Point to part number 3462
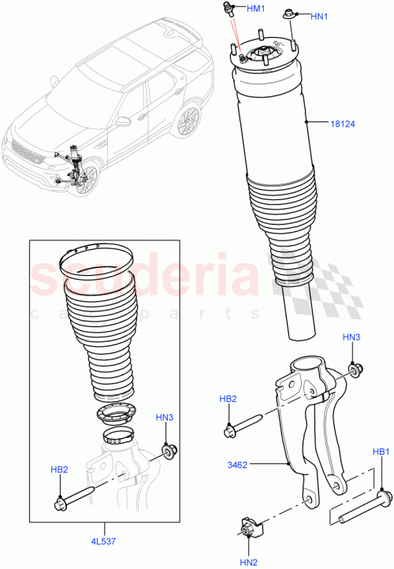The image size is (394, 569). click(237, 465)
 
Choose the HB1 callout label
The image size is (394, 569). click(382, 452)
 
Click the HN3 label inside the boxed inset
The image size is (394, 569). click(165, 418)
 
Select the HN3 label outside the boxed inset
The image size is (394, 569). click(351, 337)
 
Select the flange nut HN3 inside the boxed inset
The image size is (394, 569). click(168, 452)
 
